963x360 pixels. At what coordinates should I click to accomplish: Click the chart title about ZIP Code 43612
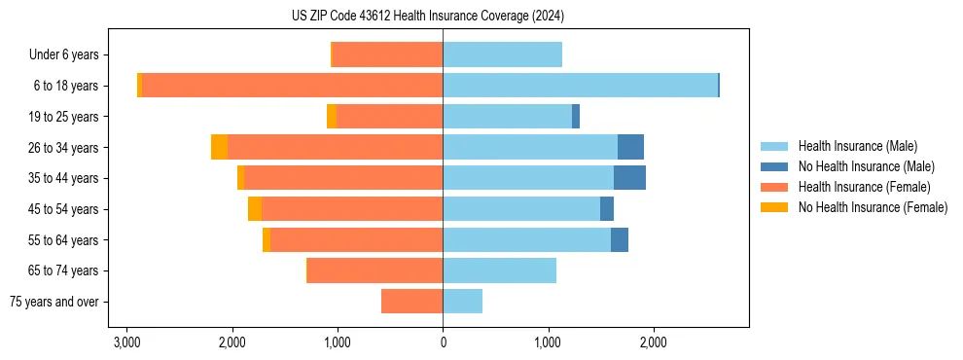pyautogui.click(x=427, y=17)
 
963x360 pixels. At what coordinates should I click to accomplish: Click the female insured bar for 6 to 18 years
pyautogui.click(x=292, y=86)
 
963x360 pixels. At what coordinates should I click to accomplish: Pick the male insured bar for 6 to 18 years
pyautogui.click(x=580, y=86)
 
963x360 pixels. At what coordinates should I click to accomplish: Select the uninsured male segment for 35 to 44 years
pyautogui.click(x=629, y=178)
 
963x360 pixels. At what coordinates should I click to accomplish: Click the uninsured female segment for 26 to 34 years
pyautogui.click(x=219, y=147)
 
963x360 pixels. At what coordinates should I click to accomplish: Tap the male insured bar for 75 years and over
pyautogui.click(x=462, y=302)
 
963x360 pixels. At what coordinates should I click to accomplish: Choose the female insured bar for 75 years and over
pyautogui.click(x=411, y=302)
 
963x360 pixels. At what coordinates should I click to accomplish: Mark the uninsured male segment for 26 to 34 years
pyautogui.click(x=630, y=147)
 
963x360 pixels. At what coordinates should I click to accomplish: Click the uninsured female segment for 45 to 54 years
pyautogui.click(x=255, y=209)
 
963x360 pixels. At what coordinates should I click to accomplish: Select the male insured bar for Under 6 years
pyautogui.click(x=502, y=55)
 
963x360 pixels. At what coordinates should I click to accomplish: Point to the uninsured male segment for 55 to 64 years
pyautogui.click(x=620, y=239)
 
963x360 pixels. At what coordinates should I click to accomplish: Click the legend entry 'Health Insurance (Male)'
pyautogui.click(x=857, y=146)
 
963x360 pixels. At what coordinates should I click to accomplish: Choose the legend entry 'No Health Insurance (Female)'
pyautogui.click(x=873, y=207)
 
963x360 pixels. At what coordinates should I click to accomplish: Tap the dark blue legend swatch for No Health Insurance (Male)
pyautogui.click(x=774, y=166)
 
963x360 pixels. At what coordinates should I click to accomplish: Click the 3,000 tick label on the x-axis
pyautogui.click(x=126, y=342)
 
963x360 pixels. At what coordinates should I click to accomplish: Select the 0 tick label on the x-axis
pyautogui.click(x=443, y=342)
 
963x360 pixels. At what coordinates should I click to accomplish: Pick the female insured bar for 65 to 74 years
pyautogui.click(x=374, y=270)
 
